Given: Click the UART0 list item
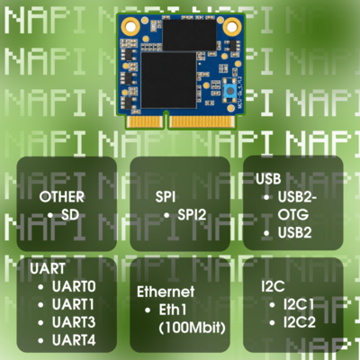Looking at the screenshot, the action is pos(74,286).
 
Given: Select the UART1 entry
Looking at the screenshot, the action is pos(73,304).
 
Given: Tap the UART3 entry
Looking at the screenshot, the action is pos(74,322).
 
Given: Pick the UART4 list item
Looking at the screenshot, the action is pos(74,340).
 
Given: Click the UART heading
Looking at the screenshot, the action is pos(48,268).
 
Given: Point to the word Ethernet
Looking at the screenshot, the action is pos(166,292).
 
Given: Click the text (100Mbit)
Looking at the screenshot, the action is pos(192,328).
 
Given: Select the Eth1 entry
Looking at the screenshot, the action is pos(173,310).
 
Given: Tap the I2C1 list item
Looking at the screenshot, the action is pos(299,305).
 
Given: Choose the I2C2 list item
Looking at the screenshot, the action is pos(300,323).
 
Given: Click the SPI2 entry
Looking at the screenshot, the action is pos(192,215).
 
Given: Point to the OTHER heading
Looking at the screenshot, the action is pos(62,197).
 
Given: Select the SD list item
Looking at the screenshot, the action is pos(70,215).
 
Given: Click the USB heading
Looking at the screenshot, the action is pos(268,179).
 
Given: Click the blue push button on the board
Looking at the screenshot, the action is pos(230,91).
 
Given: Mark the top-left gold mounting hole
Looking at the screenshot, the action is pos(130,26).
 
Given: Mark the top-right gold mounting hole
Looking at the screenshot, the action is pos(231,26).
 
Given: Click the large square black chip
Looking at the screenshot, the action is pos(168,80).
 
